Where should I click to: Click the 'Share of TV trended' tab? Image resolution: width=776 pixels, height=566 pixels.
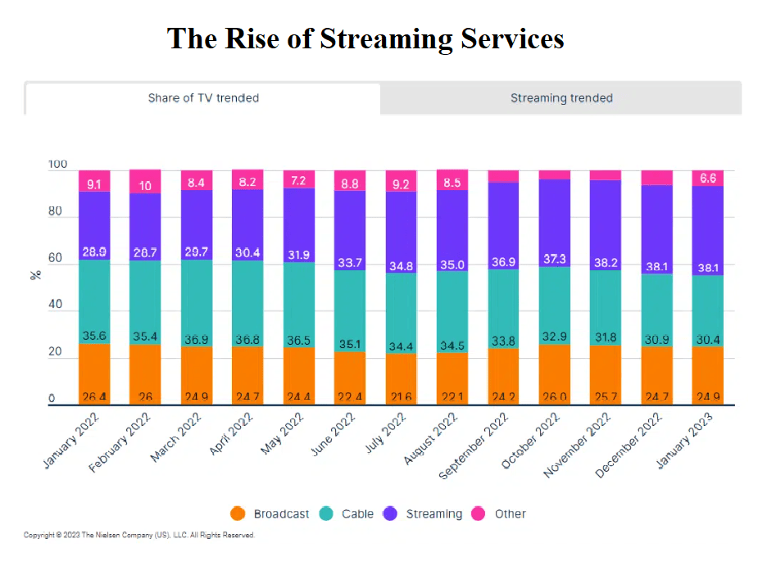(203, 98)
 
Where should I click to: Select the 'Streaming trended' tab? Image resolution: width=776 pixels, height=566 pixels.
(561, 98)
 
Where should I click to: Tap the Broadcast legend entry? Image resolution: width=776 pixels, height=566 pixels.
(270, 514)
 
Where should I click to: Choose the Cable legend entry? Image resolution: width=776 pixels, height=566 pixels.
(347, 514)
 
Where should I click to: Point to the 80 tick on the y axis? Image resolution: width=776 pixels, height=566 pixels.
(55, 212)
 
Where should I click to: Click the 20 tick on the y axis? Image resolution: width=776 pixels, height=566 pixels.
(55, 352)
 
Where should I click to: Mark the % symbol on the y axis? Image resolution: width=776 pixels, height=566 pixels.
(35, 274)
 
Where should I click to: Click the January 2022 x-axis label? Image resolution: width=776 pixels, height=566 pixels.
(73, 442)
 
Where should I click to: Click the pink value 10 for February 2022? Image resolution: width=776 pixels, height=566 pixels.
(145, 186)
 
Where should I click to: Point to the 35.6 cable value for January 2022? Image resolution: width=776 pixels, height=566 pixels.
(94, 335)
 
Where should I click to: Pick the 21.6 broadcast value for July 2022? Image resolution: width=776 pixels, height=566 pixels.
(402, 397)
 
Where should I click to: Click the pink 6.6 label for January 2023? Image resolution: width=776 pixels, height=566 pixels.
(708, 179)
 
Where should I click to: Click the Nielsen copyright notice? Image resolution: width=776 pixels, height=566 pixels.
(139, 536)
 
